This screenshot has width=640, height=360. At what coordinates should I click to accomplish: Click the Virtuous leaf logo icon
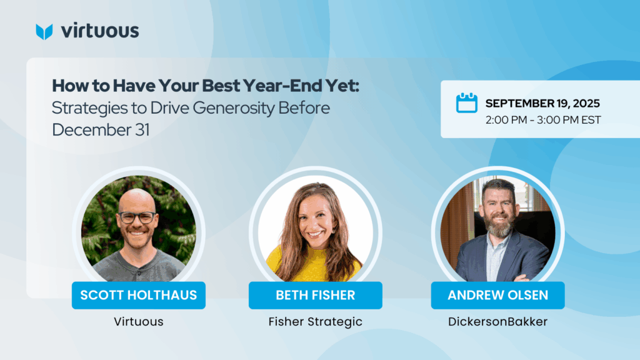[x=44, y=32]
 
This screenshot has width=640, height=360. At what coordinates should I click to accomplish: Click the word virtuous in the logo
[x=100, y=31]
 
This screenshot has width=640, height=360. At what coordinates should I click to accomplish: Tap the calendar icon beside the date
[x=466, y=102]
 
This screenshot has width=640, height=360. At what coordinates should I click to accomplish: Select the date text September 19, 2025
[x=542, y=103]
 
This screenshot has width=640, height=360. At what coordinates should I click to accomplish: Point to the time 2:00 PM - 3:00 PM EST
[x=543, y=120]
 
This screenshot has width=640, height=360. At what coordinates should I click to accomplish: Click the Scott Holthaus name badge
[x=139, y=295]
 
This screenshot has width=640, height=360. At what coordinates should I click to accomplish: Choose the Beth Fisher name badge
[x=316, y=295]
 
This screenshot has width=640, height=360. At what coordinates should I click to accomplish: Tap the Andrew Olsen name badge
[x=498, y=295]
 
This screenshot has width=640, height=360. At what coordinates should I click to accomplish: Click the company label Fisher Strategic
[x=316, y=322]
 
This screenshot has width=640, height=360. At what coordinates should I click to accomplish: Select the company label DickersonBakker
[x=498, y=322]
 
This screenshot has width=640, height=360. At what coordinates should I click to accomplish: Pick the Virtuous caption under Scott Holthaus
[x=139, y=322]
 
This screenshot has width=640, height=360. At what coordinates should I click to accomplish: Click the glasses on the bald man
[x=137, y=217]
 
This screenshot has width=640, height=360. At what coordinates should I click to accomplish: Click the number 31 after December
[x=142, y=130]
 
